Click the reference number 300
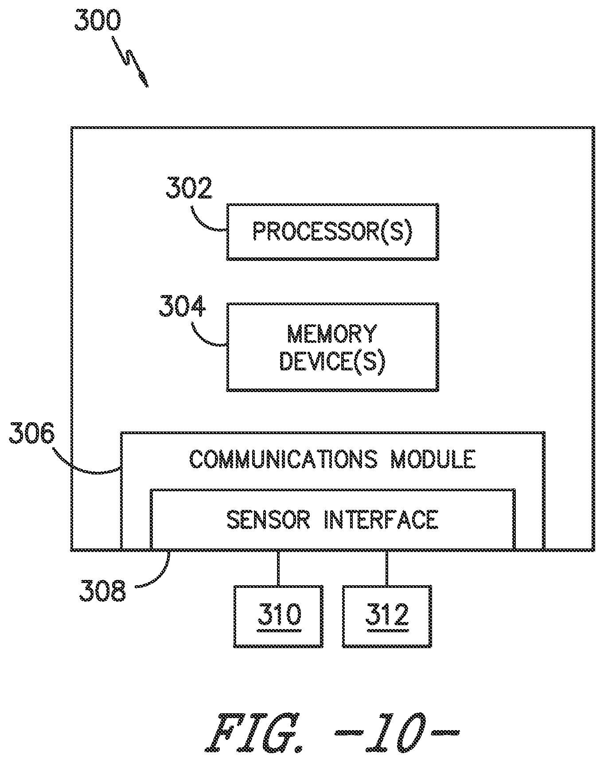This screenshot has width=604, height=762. [97, 20]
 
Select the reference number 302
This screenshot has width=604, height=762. [189, 188]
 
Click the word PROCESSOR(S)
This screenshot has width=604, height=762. [332, 231]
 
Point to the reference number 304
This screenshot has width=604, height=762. [183, 306]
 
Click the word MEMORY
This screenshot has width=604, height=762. [332, 334]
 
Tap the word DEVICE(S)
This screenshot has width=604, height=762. [332, 362]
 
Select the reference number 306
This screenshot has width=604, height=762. [32, 434]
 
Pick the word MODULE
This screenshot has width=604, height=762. [433, 459]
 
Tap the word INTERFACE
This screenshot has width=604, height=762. [382, 519]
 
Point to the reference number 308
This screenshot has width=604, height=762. [102, 591]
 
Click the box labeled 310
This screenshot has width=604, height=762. [278, 616]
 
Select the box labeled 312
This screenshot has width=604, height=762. [387, 616]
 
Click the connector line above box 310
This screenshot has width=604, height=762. [278, 568]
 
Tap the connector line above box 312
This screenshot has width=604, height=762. [387, 568]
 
